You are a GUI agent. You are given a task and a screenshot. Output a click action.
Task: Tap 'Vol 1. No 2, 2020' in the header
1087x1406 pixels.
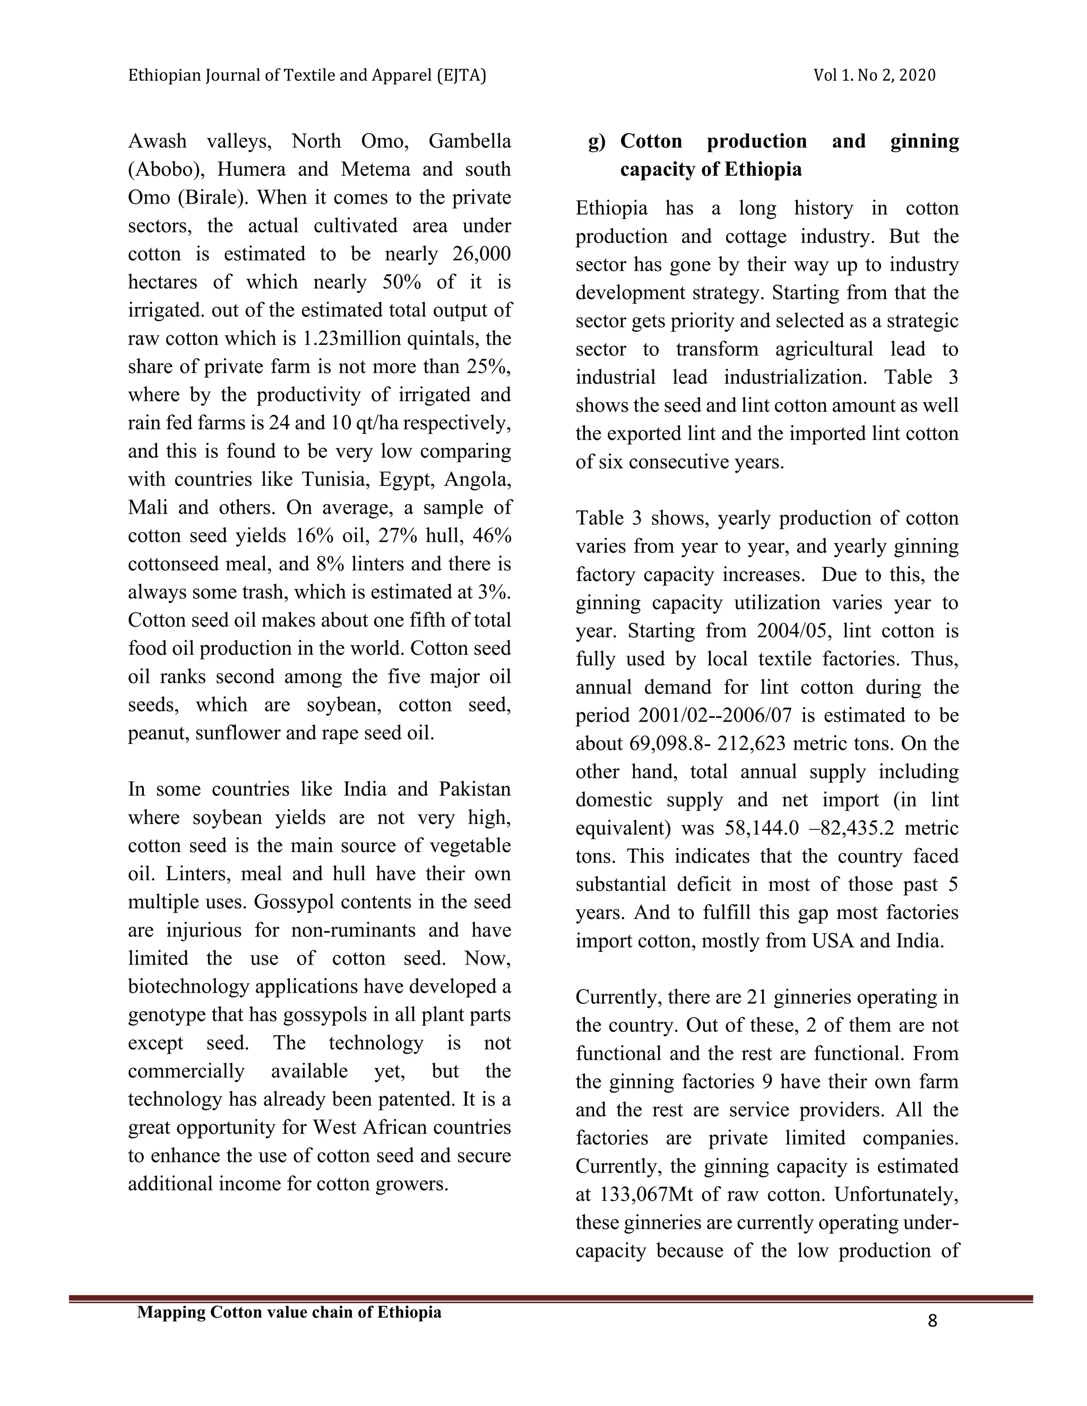click(874, 76)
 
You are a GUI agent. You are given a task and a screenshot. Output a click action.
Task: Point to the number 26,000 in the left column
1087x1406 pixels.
click(481, 254)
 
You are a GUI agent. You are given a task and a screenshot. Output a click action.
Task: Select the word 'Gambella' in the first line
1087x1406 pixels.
click(469, 141)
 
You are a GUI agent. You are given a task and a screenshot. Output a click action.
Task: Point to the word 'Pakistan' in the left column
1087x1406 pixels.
click(475, 789)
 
